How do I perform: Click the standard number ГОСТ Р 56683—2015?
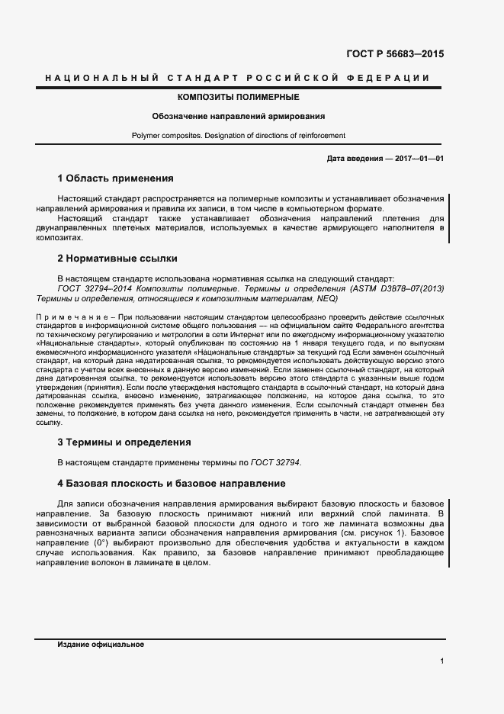coord(396,54)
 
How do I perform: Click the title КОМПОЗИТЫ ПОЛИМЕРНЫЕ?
coord(238,98)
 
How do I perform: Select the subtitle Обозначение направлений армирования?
coord(238,117)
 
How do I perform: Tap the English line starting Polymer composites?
coord(238,136)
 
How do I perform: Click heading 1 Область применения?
coord(115,178)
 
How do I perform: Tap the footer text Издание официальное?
coord(101,645)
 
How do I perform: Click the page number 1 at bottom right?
coord(441,661)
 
